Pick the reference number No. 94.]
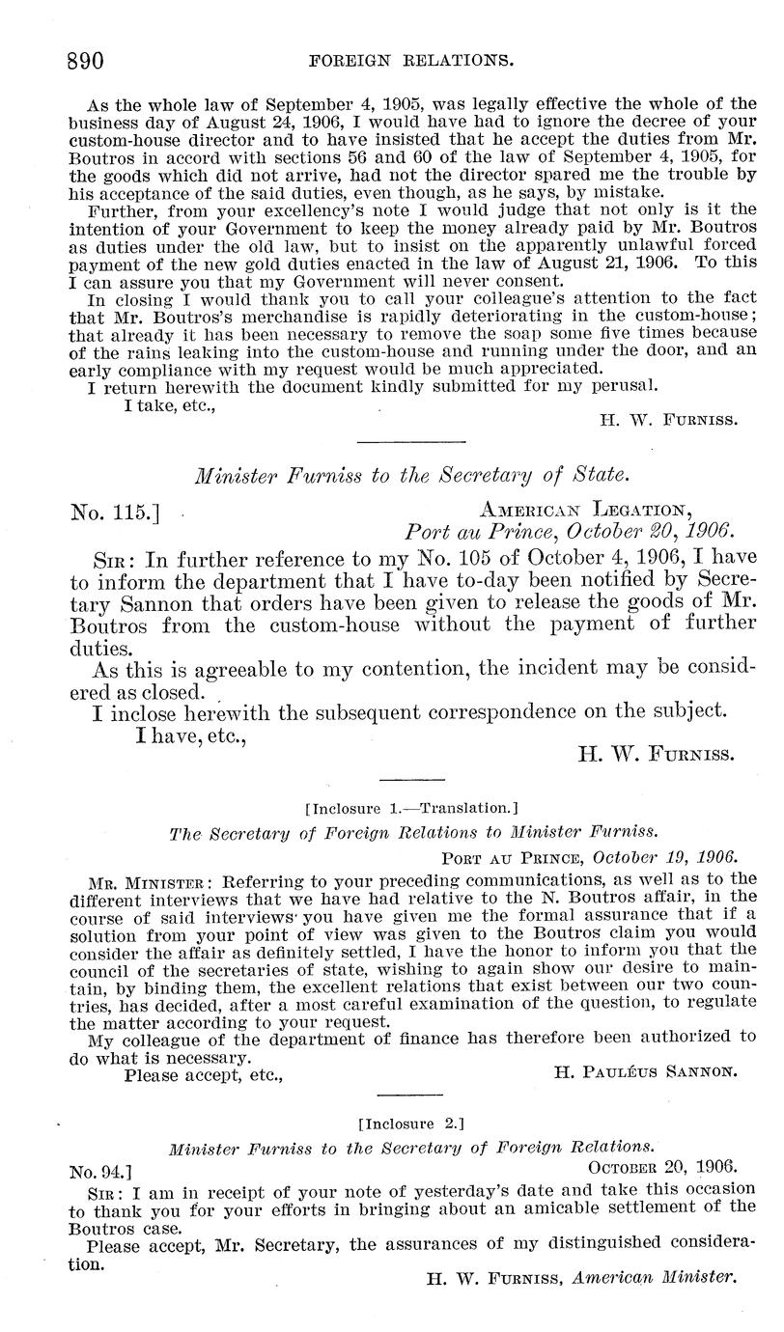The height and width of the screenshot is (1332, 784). [x=100, y=1172]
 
